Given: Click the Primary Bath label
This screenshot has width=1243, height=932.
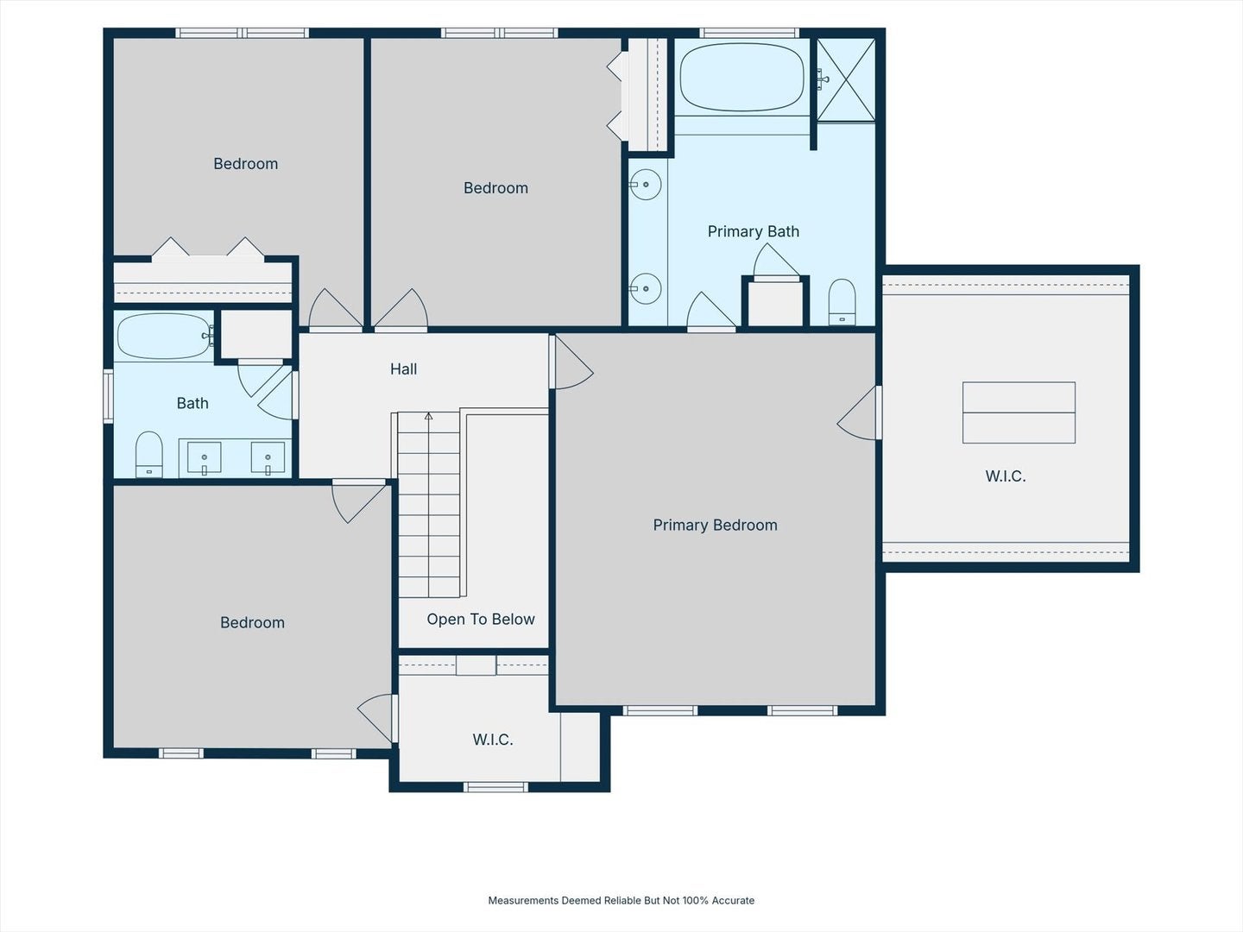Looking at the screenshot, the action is [x=754, y=231].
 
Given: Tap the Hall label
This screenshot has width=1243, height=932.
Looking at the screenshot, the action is [x=403, y=369].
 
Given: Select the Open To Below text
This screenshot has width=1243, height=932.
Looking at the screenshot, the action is [x=480, y=619].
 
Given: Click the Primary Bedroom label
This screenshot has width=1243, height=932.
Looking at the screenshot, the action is [x=715, y=526].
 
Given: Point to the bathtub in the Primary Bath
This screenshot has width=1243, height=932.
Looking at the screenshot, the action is [x=741, y=78].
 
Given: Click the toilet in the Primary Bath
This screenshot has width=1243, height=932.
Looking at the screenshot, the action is [x=842, y=302].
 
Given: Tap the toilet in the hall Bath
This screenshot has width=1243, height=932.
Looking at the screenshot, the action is [x=149, y=455].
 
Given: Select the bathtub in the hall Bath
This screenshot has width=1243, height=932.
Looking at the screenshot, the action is [x=164, y=337].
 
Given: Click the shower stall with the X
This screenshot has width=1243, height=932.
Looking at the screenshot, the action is [x=845, y=79].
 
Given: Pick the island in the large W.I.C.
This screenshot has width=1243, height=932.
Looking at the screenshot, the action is [x=1019, y=412].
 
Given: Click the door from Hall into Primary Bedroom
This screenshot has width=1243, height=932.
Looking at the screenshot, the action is [x=572, y=362].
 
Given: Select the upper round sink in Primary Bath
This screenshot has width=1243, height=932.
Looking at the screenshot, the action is [x=646, y=185].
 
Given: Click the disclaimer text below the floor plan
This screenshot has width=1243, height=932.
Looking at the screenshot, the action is [x=621, y=900].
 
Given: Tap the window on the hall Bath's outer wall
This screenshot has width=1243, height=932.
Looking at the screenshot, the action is [x=108, y=396].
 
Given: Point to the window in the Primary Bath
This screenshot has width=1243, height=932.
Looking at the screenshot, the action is [x=749, y=33].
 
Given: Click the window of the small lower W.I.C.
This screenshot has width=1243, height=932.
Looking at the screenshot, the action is [x=495, y=786].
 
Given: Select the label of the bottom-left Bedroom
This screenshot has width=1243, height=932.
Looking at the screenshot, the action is [x=252, y=622].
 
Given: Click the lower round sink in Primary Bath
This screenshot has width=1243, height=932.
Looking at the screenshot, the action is [x=646, y=288].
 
